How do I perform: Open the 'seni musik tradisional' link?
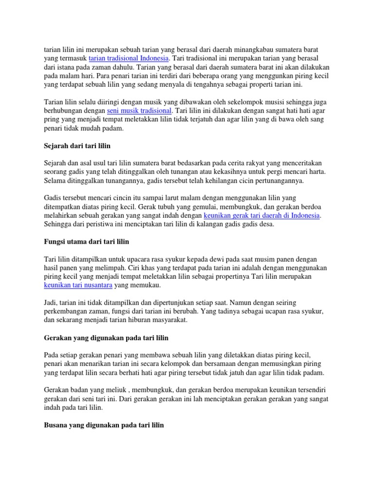139,111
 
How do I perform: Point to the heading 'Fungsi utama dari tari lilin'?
87,242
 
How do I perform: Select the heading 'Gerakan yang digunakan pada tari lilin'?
106,337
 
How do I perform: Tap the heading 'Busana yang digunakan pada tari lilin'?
104,425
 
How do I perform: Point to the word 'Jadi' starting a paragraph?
51,303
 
